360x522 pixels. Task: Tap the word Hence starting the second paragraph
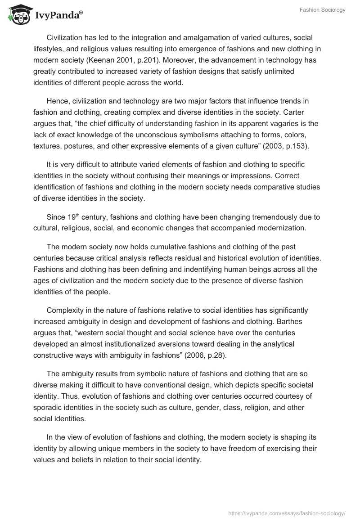click(56, 100)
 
